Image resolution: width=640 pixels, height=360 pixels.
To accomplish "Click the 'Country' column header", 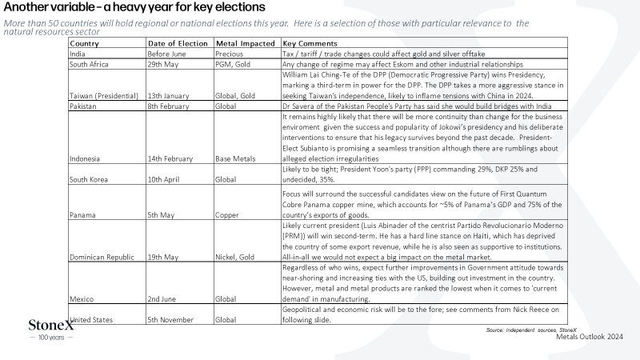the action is pyautogui.click(x=84, y=44).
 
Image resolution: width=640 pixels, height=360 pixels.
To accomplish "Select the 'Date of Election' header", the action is pyautogui.click(x=178, y=44).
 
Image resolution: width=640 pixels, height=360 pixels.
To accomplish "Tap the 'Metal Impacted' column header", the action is pyautogui.click(x=246, y=44).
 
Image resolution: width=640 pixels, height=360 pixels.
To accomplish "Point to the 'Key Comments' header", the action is pyautogui.click(x=310, y=44).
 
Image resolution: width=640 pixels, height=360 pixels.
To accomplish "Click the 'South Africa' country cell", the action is pyautogui.click(x=89, y=65).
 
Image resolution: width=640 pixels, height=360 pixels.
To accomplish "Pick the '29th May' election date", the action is pyautogui.click(x=163, y=65).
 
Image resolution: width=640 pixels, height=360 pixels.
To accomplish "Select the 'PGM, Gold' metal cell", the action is pyautogui.click(x=233, y=65).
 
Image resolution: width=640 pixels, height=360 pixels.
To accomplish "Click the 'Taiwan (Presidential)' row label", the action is pyautogui.click(x=104, y=96).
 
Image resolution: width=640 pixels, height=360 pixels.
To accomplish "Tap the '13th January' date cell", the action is pyautogui.click(x=168, y=96).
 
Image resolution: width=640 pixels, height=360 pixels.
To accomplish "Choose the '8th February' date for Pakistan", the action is pyautogui.click(x=168, y=106).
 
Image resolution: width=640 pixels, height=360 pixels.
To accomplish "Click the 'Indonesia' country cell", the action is pyautogui.click(x=85, y=158).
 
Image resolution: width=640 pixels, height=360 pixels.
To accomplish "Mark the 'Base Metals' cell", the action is pyautogui.click(x=235, y=158).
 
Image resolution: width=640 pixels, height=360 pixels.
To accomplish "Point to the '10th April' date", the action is pyautogui.click(x=163, y=179).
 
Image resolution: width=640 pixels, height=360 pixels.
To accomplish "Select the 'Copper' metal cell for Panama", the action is pyautogui.click(x=227, y=215).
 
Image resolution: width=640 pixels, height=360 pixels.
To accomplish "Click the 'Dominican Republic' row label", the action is pyautogui.click(x=102, y=257).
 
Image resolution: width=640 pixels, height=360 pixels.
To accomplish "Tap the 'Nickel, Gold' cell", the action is pyautogui.click(x=234, y=257).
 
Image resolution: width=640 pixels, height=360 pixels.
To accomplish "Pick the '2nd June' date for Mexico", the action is pyautogui.click(x=162, y=299).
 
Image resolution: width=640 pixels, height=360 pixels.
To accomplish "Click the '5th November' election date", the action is pyautogui.click(x=170, y=320).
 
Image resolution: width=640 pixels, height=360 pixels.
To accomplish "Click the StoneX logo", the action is pyautogui.click(x=51, y=330).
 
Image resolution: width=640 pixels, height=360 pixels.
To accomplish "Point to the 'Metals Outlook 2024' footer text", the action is pyautogui.click(x=590, y=337).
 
